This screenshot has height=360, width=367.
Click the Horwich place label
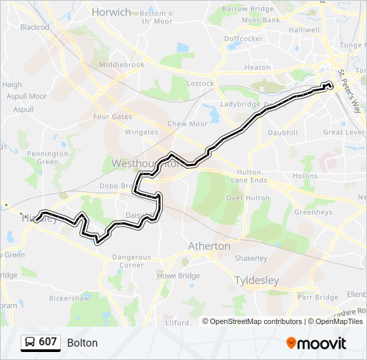(111, 12)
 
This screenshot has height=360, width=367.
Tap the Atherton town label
(209, 246)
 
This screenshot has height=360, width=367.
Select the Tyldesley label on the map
(257, 281)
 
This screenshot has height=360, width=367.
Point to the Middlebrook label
(121, 65)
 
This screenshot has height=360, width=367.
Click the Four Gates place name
(112, 117)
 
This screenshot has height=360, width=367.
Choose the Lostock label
(200, 83)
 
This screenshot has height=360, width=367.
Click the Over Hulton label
(248, 198)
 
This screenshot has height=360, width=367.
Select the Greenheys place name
(314, 213)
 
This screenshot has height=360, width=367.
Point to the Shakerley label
(251, 259)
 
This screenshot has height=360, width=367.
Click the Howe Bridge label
(178, 275)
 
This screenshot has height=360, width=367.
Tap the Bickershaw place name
(69, 298)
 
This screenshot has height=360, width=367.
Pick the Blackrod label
(35, 27)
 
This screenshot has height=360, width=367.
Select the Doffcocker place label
(244, 39)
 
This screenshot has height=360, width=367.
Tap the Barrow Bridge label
(248, 9)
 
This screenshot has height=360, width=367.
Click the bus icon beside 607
(30, 343)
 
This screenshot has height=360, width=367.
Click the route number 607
(47, 342)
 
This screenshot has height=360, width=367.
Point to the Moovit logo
(316, 343)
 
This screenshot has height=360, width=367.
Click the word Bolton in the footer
(82, 343)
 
